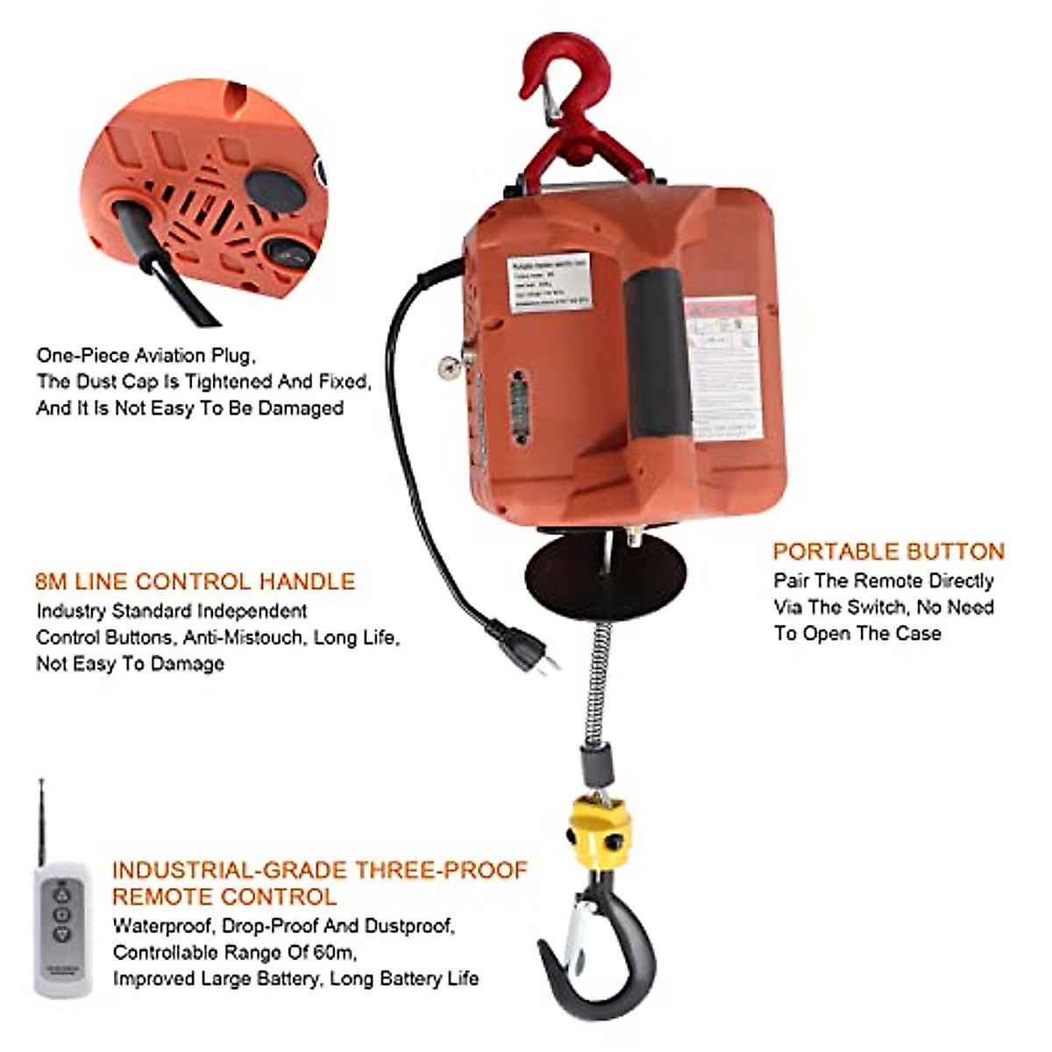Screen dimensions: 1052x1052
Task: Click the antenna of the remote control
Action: [x=42, y=815]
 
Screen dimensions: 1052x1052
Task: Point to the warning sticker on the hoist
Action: [x=721, y=359]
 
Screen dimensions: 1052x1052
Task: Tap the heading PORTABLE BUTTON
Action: [x=888, y=551]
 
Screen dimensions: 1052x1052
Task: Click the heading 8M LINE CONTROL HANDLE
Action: [x=195, y=581]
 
